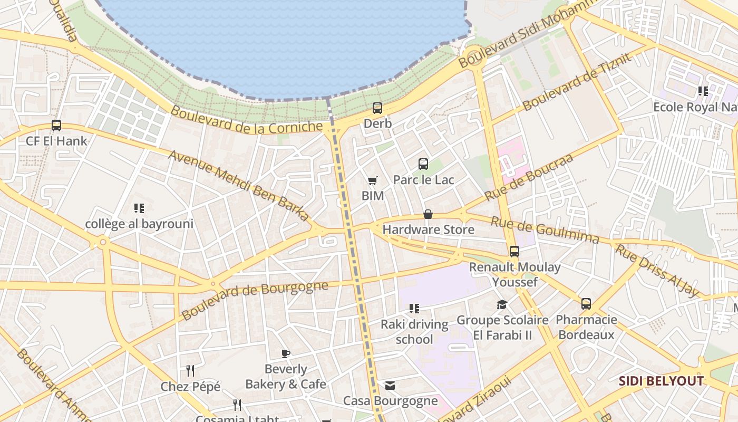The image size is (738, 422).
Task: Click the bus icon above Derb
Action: coord(377,108)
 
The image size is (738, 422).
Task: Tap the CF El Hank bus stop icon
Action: coord(56,126)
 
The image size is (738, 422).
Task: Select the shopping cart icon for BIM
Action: coord(373,181)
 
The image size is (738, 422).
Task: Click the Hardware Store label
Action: coord(428,229)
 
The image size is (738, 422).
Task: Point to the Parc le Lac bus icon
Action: coord(423,164)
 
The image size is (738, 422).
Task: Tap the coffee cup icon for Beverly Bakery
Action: coord(286,353)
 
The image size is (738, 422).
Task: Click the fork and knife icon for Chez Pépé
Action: coord(190,371)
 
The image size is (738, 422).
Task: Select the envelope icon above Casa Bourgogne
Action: coord(390,386)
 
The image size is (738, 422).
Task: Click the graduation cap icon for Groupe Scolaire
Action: coord(502,304)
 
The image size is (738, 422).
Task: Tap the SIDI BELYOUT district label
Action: coord(661,381)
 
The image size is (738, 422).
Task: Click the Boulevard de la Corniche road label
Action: coord(246,120)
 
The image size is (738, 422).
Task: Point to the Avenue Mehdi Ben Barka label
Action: coord(239,186)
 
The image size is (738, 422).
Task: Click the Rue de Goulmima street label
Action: coord(545,231)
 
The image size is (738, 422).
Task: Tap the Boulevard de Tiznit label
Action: coord(577,82)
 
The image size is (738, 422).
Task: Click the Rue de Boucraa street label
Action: coord(529,177)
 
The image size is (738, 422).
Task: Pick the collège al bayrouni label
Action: coord(139,224)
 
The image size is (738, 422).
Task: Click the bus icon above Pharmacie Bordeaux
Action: coord(586,304)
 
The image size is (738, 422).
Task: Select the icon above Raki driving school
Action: coord(414,308)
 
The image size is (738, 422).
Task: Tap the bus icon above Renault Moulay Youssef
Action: coord(514,252)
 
